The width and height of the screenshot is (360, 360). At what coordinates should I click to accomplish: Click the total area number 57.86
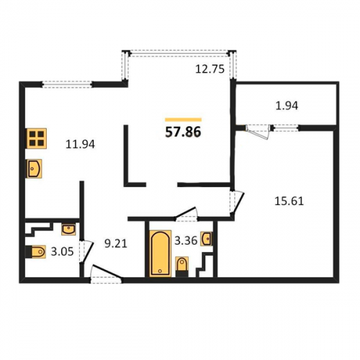click(183, 132)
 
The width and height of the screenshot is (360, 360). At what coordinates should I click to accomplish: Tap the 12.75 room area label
click(210, 69)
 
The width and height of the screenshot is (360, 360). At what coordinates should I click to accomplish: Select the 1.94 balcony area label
click(287, 106)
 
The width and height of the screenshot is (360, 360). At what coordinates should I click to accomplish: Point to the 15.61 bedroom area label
click(289, 201)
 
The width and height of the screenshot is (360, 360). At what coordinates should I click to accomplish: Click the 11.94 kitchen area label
click(80, 144)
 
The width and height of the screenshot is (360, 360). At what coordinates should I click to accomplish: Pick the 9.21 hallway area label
click(116, 244)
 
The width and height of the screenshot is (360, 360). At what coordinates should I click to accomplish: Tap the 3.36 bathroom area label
click(186, 240)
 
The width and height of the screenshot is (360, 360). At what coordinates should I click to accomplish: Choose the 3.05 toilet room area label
click(62, 252)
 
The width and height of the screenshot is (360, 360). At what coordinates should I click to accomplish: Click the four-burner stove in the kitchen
click(37, 138)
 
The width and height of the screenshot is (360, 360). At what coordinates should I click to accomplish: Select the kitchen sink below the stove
click(34, 168)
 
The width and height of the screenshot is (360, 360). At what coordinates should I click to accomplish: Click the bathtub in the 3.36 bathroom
click(161, 253)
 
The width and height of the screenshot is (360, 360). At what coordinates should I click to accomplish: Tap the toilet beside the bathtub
click(182, 266)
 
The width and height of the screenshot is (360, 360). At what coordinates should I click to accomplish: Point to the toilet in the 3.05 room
click(36, 251)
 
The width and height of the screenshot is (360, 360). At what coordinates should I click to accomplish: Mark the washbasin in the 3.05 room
click(68, 229)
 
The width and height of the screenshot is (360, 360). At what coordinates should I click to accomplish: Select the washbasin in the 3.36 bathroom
click(207, 239)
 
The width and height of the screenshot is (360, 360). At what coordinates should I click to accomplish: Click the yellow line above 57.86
click(183, 120)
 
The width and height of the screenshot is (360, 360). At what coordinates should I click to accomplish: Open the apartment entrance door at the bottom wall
click(107, 275)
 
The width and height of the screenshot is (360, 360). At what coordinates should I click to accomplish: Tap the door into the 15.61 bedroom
click(236, 202)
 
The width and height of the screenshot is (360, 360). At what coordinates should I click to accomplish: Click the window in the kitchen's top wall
click(67, 84)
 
